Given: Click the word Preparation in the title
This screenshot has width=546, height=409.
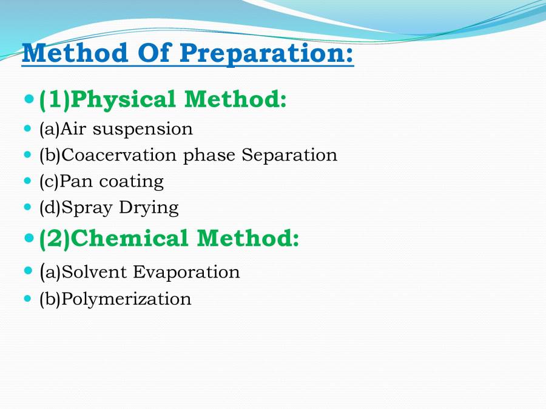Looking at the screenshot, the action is coord(266,53).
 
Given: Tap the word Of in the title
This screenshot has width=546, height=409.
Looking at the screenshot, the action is coord(153,53).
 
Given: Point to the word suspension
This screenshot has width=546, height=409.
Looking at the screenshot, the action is coord(143,130).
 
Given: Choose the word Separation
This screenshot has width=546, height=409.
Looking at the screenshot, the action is coord(289,155).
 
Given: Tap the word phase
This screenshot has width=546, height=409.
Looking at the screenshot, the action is coord(209,156).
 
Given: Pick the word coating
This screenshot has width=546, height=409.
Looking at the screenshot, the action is coord(131,182).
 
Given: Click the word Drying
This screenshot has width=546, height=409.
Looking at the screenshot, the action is coord(149,208).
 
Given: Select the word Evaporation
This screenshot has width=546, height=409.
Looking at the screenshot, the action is coord(186,272).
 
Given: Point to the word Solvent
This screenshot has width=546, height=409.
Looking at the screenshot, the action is coord(93,272).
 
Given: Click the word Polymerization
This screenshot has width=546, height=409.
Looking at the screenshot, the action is coord(126,299).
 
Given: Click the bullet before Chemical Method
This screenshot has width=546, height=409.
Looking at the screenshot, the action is coord(30,238).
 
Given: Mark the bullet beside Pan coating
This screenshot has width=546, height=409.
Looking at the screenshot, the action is coord(28,181).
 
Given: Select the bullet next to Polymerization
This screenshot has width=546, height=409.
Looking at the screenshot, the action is coord(28,298).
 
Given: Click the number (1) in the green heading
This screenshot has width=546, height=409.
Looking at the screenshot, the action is coord(55,101).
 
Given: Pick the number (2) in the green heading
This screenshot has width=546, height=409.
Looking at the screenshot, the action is coord(55,239).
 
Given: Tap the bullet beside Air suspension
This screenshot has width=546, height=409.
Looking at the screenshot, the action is coord(28,128).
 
